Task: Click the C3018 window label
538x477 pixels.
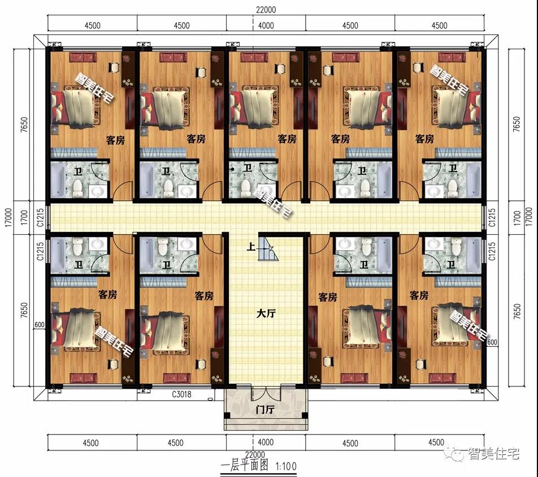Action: click(x=181, y=395)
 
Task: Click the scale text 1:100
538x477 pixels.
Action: click(x=285, y=467)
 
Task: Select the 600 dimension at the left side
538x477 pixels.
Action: click(x=39, y=325)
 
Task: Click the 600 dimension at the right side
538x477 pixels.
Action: click(x=492, y=342)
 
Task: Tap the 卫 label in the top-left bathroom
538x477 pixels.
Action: click(x=77, y=170)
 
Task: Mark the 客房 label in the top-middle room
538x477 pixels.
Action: click(x=287, y=139)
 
